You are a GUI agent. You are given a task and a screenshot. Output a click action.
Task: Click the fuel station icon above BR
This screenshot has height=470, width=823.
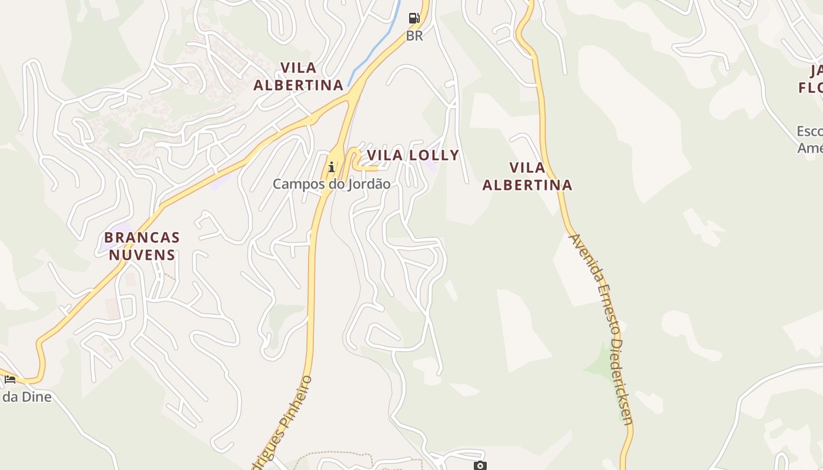[x=414, y=18]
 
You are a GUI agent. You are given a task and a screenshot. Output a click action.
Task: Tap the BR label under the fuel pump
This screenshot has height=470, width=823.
[x=414, y=36]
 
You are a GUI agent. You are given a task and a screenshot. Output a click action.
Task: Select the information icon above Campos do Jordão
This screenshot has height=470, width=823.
[x=332, y=167]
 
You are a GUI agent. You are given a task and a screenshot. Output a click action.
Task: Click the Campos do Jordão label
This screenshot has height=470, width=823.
[x=332, y=184]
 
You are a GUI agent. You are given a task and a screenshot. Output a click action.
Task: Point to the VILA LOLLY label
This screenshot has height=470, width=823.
[x=413, y=155]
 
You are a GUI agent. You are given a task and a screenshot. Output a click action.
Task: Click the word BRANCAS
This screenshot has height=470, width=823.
[x=142, y=238]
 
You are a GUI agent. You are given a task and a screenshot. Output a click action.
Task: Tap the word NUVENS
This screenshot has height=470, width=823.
[x=142, y=255]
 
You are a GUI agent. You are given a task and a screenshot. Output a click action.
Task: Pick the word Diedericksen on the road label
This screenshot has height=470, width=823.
[x=622, y=382]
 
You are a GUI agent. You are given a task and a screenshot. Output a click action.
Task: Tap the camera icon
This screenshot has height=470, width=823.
[x=480, y=465]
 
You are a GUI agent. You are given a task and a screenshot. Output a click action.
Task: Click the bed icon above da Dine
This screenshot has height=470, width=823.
[x=10, y=379]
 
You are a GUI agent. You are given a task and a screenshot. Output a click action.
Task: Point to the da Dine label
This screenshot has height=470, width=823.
[x=26, y=397]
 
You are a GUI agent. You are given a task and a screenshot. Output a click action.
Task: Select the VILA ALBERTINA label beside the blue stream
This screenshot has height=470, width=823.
[x=298, y=76]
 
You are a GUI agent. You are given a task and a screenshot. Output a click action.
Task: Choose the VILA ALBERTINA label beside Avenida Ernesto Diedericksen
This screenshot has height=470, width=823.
[x=527, y=176]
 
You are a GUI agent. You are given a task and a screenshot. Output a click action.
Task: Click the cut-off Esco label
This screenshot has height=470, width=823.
[x=809, y=131]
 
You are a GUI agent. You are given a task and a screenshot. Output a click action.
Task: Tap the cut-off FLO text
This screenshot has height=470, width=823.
[x=811, y=88]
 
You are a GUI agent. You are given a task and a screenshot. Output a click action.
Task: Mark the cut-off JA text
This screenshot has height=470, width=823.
[x=816, y=71]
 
